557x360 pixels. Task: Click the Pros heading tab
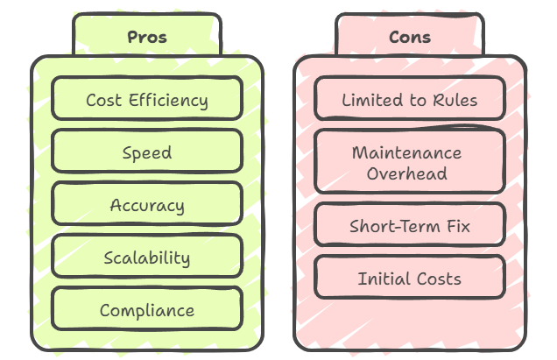(146, 37)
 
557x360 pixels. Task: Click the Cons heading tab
(409, 37)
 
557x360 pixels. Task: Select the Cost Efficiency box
(146, 99)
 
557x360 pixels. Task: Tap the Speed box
(146, 152)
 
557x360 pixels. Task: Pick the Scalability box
(146, 258)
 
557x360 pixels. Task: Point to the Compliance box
(146, 310)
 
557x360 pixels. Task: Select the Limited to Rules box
(409, 99)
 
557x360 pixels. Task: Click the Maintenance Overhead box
(409, 162)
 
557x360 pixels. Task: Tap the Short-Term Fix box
(409, 226)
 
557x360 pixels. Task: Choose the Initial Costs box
(409, 279)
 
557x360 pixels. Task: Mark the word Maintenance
(406, 152)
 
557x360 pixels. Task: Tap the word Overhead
(406, 173)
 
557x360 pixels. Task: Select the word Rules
(455, 100)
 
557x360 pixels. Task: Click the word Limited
(371, 100)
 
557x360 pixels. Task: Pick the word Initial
(380, 279)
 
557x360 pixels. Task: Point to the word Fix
(457, 226)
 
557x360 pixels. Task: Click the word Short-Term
(392, 226)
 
